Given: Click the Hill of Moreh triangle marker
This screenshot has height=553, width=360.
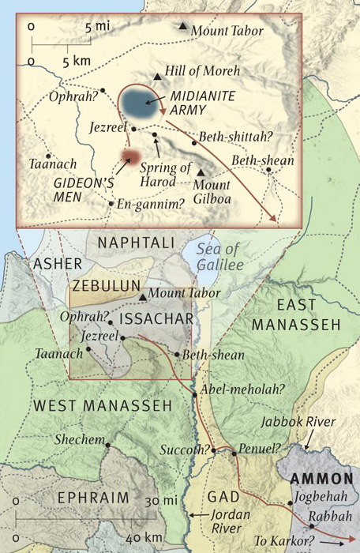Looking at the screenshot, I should click(159, 77).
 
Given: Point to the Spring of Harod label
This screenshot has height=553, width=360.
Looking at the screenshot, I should click(166, 172).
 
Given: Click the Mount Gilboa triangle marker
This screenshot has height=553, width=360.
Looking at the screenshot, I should click(201, 173).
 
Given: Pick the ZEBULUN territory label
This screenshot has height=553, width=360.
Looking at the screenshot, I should click(106, 285).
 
